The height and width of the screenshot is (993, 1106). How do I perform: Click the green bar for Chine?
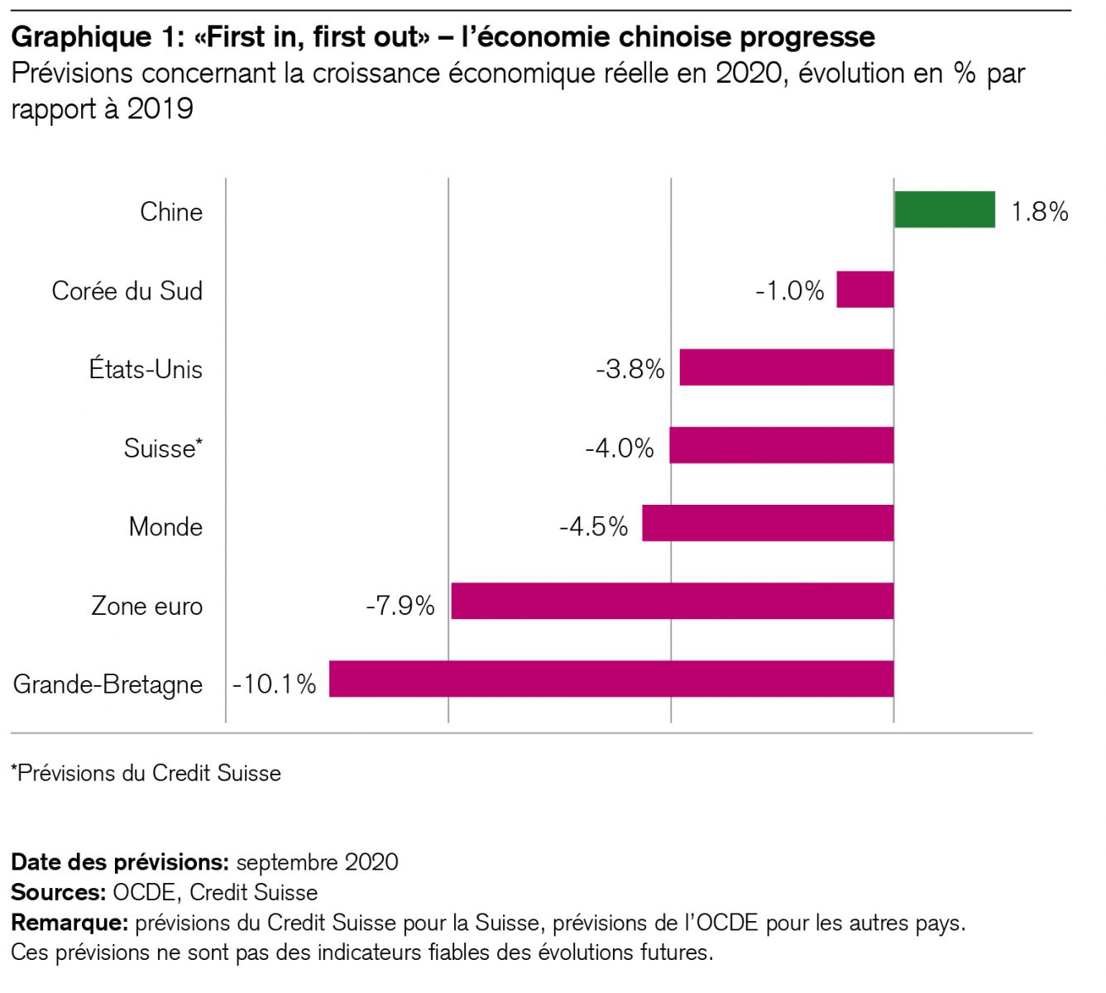pos(945,209)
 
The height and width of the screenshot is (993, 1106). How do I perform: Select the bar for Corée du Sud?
pos(865,290)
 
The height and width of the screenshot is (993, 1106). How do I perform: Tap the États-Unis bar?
pos(787,367)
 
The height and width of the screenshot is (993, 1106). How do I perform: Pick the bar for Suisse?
pos(782,445)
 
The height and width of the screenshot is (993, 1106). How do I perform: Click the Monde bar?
pos(768,523)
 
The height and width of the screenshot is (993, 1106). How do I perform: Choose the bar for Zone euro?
pos(673,601)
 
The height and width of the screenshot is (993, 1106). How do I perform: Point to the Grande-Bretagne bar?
pos(611,679)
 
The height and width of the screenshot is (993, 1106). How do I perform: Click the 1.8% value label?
pos(1040,212)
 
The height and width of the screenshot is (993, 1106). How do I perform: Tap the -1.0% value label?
pos(790,290)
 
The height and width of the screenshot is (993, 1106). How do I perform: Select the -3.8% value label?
pos(630,369)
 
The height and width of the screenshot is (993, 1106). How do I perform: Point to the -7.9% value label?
pos(400,606)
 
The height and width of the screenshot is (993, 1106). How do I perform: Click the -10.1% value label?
pos(275,684)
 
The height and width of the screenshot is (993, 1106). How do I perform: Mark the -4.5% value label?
pos(594,527)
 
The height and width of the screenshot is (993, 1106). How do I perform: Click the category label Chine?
pos(171,212)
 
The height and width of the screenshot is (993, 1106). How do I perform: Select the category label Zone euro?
pos(147,606)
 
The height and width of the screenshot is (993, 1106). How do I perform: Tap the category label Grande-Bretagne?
pos(108,684)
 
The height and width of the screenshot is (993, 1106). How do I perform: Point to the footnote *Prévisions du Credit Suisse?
pos(146,773)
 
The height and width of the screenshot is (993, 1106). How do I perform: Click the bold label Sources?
pos(58,892)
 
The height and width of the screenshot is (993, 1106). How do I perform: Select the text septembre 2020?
pos(317,862)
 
